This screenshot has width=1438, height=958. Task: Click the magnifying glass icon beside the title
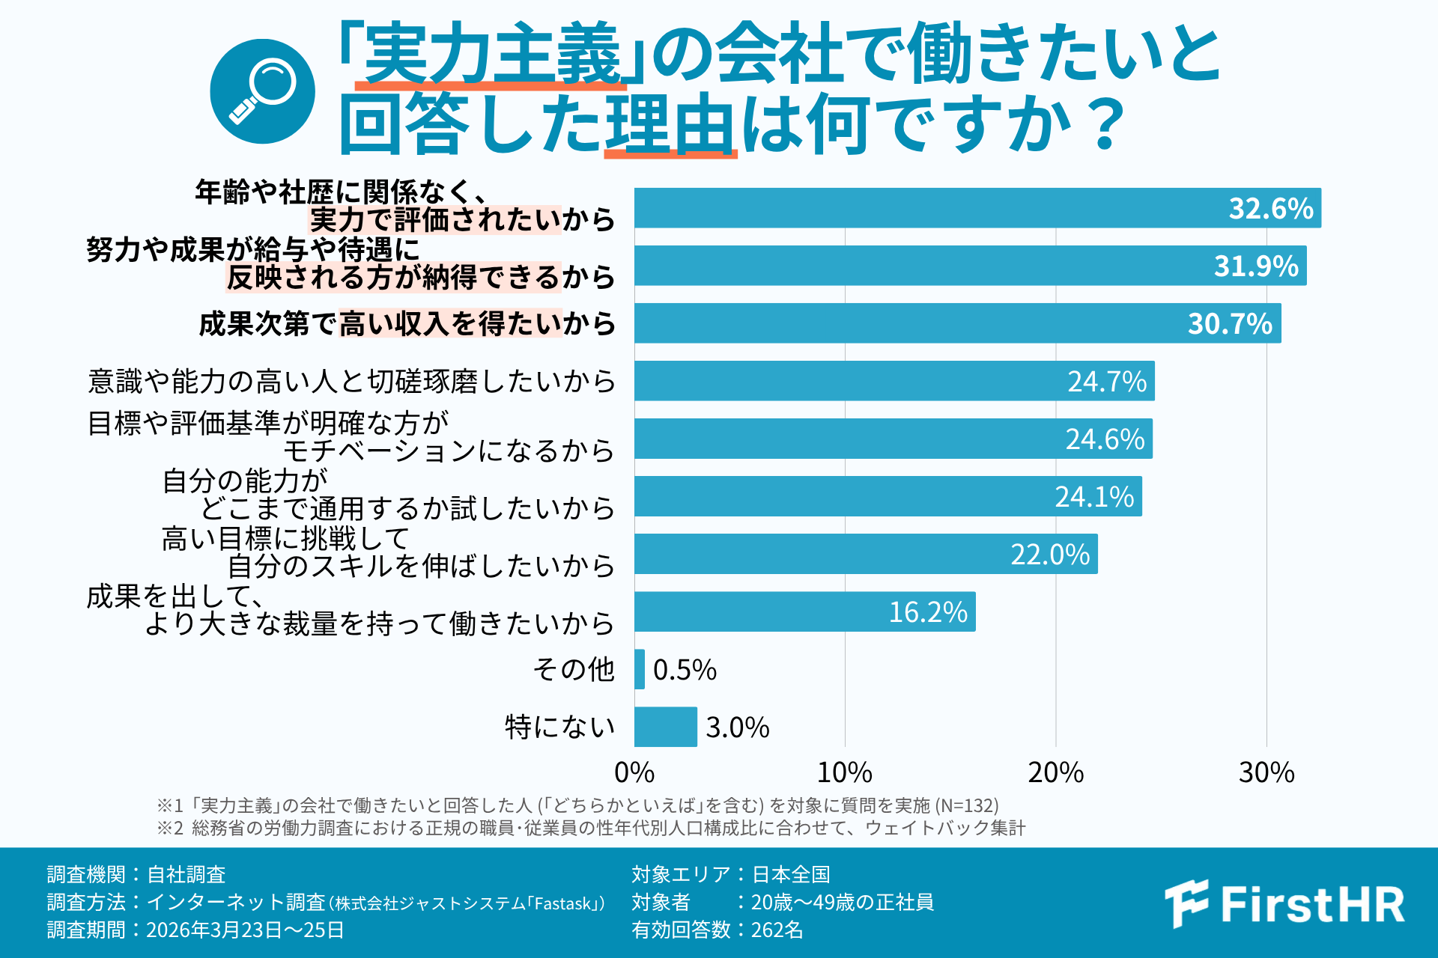tap(262, 91)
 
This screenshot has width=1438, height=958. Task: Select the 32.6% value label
tap(1270, 209)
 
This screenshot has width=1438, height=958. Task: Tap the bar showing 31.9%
tap(970, 266)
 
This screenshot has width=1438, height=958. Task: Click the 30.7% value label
tap(1230, 324)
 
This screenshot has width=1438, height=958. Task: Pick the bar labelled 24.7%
tap(894, 381)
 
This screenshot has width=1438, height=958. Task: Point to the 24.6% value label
tap(1105, 439)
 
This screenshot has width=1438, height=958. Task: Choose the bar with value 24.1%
tap(888, 496)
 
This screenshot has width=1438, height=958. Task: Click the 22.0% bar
tap(865, 554)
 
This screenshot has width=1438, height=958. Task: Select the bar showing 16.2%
tap(804, 611)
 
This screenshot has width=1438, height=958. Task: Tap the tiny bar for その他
tap(640, 669)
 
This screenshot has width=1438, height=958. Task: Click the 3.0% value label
tap(737, 727)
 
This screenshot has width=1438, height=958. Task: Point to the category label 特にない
tap(559, 727)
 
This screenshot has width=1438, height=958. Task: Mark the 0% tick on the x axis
tap(634, 773)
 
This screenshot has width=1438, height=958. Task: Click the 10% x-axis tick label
tap(844, 773)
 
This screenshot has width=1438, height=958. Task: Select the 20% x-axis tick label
tap(1055, 773)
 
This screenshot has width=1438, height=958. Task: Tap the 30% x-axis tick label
tap(1266, 773)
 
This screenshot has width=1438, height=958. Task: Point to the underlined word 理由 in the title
tap(670, 124)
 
